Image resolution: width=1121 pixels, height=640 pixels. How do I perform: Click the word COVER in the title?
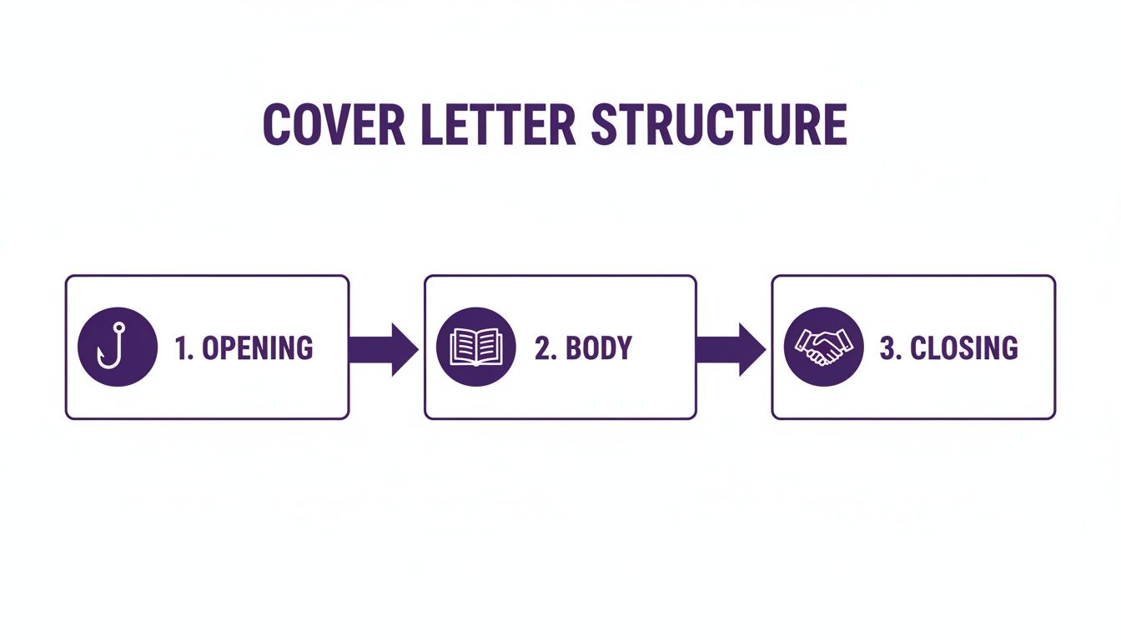pos(334,124)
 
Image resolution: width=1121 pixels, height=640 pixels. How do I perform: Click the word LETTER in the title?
pos(499,124)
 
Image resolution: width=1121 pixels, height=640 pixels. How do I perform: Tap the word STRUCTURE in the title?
pos(719,124)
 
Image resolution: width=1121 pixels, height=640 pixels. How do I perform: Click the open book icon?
pos(476,347)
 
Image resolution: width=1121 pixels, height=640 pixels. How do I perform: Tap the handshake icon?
pos(824,347)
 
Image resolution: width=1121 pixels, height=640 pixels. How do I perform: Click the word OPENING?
pos(257,347)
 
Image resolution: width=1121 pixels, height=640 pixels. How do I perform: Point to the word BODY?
pos(599,347)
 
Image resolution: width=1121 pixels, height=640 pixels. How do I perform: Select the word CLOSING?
pos(963,347)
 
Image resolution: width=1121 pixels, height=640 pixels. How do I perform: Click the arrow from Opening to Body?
pos(384,349)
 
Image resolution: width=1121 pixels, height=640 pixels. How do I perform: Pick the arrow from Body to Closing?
pos(731,349)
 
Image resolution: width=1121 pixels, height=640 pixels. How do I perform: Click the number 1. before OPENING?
pos(184,347)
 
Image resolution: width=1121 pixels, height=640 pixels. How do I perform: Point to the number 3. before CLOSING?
pos(890,347)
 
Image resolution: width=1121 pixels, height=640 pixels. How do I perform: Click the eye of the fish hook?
pos(119,327)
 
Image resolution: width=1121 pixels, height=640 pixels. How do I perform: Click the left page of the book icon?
pos(463,346)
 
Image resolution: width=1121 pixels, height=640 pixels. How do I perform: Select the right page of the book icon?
pos(489,346)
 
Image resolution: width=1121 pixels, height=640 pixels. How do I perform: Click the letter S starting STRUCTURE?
pos(606,124)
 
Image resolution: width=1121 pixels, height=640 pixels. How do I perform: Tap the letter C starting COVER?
pos(277,124)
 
